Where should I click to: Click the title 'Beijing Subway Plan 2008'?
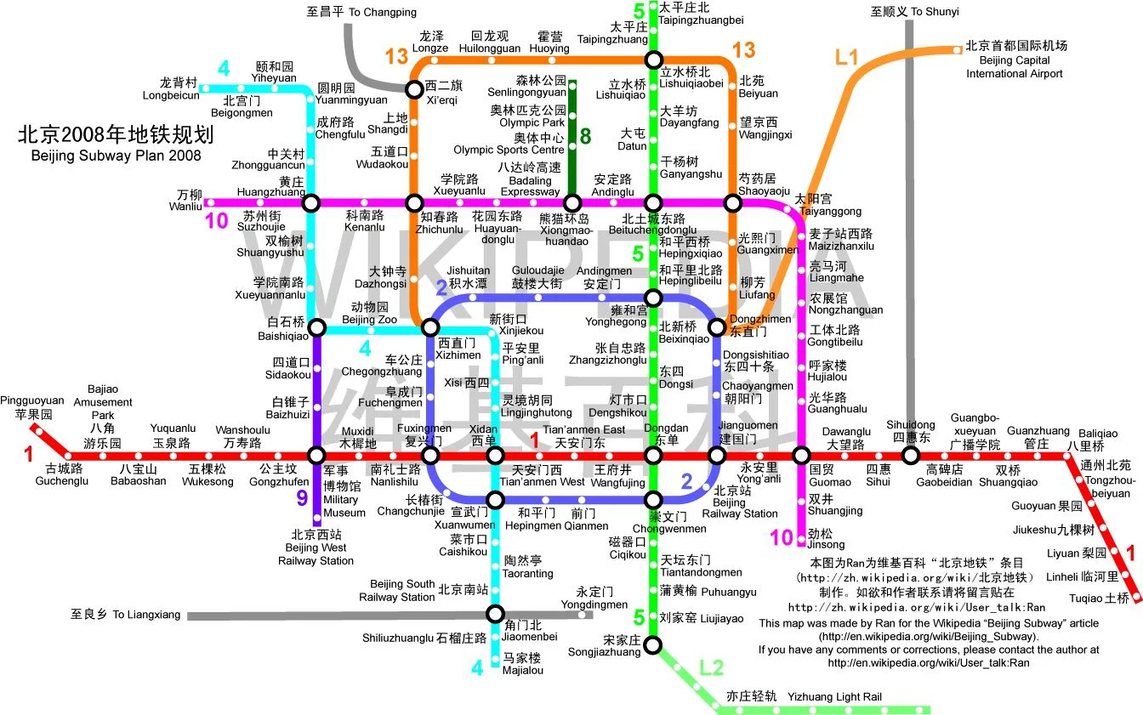click(116, 156)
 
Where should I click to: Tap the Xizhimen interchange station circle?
click(430, 328)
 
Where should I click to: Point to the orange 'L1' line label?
click(847, 58)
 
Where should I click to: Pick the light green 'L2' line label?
click(711, 667)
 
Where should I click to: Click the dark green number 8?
click(585, 136)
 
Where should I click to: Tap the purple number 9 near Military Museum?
click(301, 498)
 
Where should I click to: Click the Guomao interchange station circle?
click(800, 456)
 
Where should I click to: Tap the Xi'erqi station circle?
click(413, 88)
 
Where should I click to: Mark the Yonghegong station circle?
click(652, 298)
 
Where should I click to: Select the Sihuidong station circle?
click(910, 456)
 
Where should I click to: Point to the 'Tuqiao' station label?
click(1110, 598)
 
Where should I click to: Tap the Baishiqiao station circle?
click(316, 328)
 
